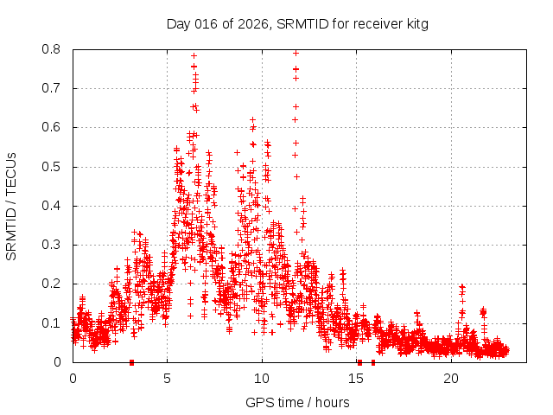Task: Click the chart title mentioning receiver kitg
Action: (x=297, y=23)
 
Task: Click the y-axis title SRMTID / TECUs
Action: (x=11, y=206)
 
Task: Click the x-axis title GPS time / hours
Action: (x=297, y=402)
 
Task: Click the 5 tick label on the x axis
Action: (x=168, y=378)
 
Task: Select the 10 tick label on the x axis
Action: (x=262, y=378)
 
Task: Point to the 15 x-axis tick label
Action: (x=357, y=378)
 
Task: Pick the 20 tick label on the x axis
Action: (x=451, y=378)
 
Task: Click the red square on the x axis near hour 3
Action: (x=131, y=362)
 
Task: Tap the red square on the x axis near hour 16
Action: (x=373, y=362)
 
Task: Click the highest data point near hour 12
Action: (x=296, y=53)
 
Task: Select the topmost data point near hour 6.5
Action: (x=194, y=55)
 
